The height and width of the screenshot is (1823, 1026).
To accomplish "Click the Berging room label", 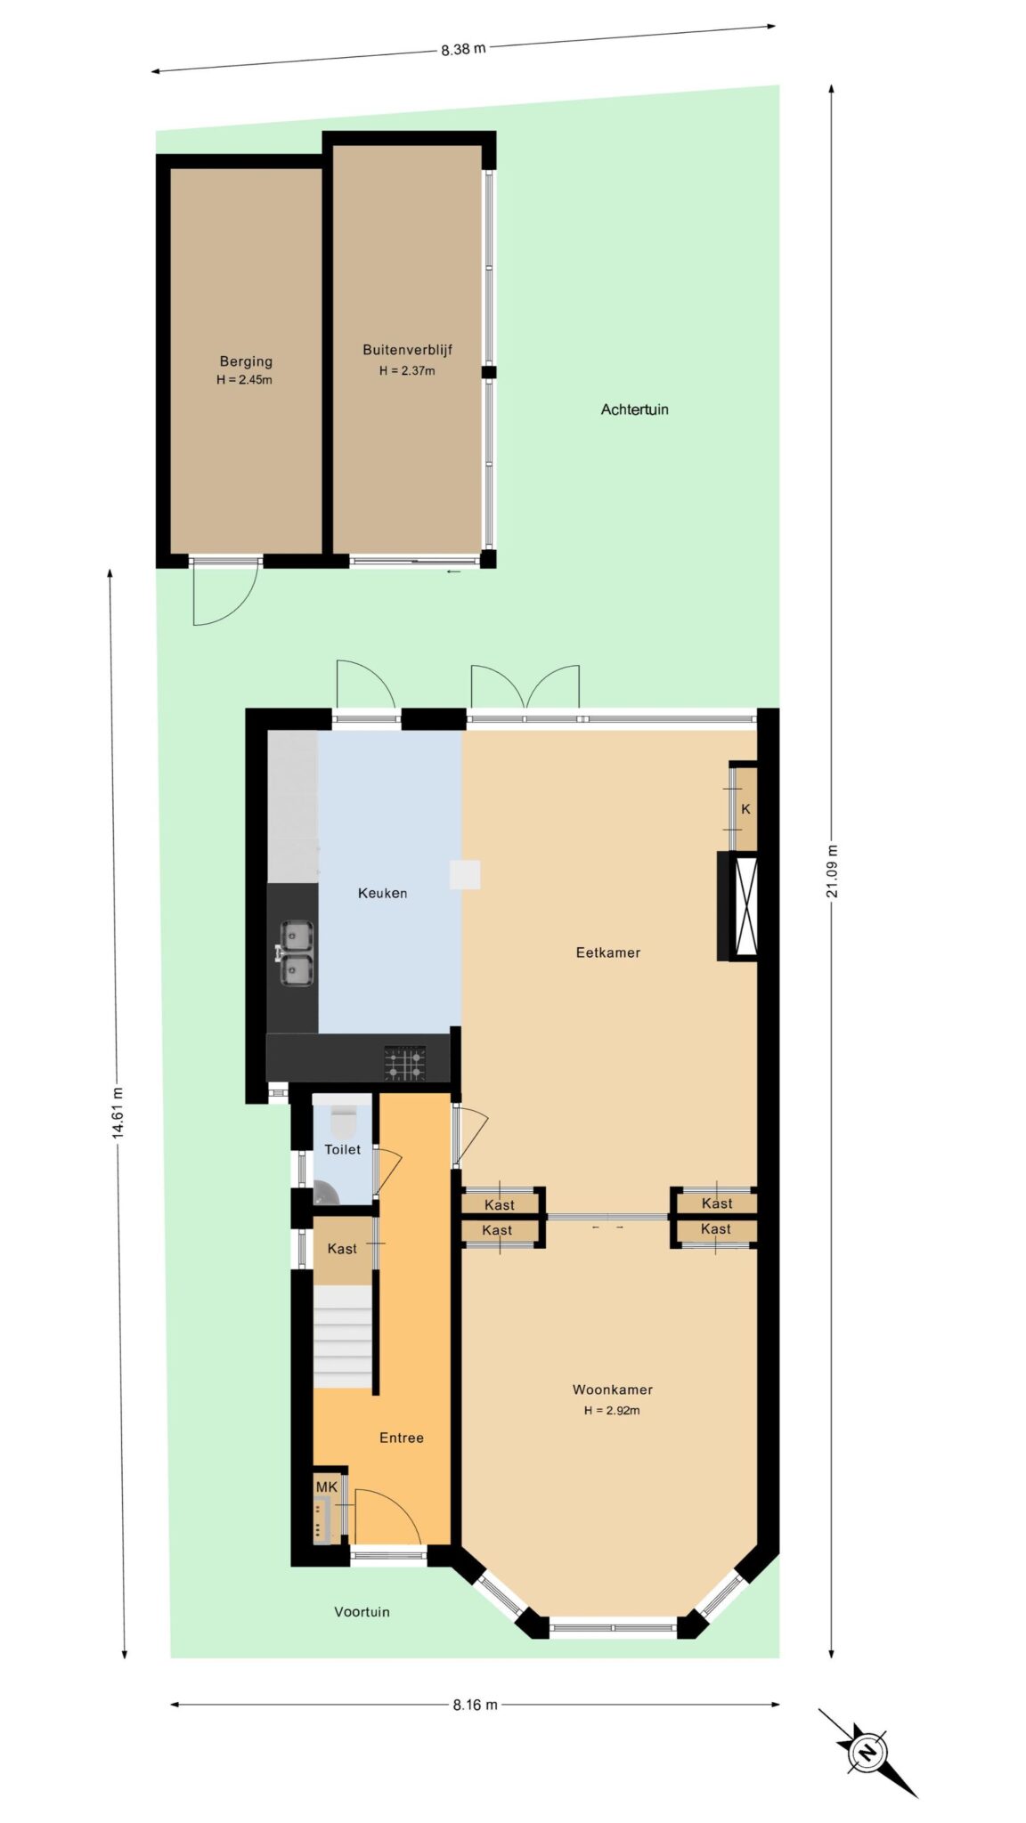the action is (x=246, y=361).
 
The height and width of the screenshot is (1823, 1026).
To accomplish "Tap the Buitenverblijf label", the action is (x=407, y=350).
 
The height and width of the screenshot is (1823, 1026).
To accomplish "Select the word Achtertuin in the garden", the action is (x=634, y=409).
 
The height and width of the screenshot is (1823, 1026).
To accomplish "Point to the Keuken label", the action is (x=382, y=893).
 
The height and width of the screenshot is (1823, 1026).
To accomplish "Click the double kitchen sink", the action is (x=296, y=953).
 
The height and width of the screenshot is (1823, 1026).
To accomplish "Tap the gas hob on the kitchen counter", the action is (x=405, y=1064).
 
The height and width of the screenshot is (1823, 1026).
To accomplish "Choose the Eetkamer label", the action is (x=607, y=952).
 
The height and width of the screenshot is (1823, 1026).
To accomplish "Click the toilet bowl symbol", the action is (x=343, y=1118).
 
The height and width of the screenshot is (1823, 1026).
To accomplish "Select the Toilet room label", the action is (x=342, y=1149).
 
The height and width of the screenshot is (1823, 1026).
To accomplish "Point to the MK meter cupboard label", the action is (x=327, y=1487).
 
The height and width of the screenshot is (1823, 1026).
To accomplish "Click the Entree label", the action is (x=401, y=1438).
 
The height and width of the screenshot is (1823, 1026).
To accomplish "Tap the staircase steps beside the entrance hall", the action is (x=342, y=1336).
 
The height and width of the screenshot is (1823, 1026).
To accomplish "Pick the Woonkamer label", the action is (x=612, y=1390).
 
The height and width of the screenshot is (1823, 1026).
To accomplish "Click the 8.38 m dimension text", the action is (x=463, y=49).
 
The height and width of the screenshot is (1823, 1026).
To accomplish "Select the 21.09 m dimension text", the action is (x=831, y=871).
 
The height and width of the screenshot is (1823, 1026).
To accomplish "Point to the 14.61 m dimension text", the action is (x=117, y=1112).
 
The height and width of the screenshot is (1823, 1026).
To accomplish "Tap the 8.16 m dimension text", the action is (x=475, y=1705).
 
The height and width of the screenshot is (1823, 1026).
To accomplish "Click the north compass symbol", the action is (x=867, y=1753).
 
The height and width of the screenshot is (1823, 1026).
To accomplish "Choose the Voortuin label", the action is (x=362, y=1611).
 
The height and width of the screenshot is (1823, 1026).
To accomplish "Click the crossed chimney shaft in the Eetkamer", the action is (x=745, y=906).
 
